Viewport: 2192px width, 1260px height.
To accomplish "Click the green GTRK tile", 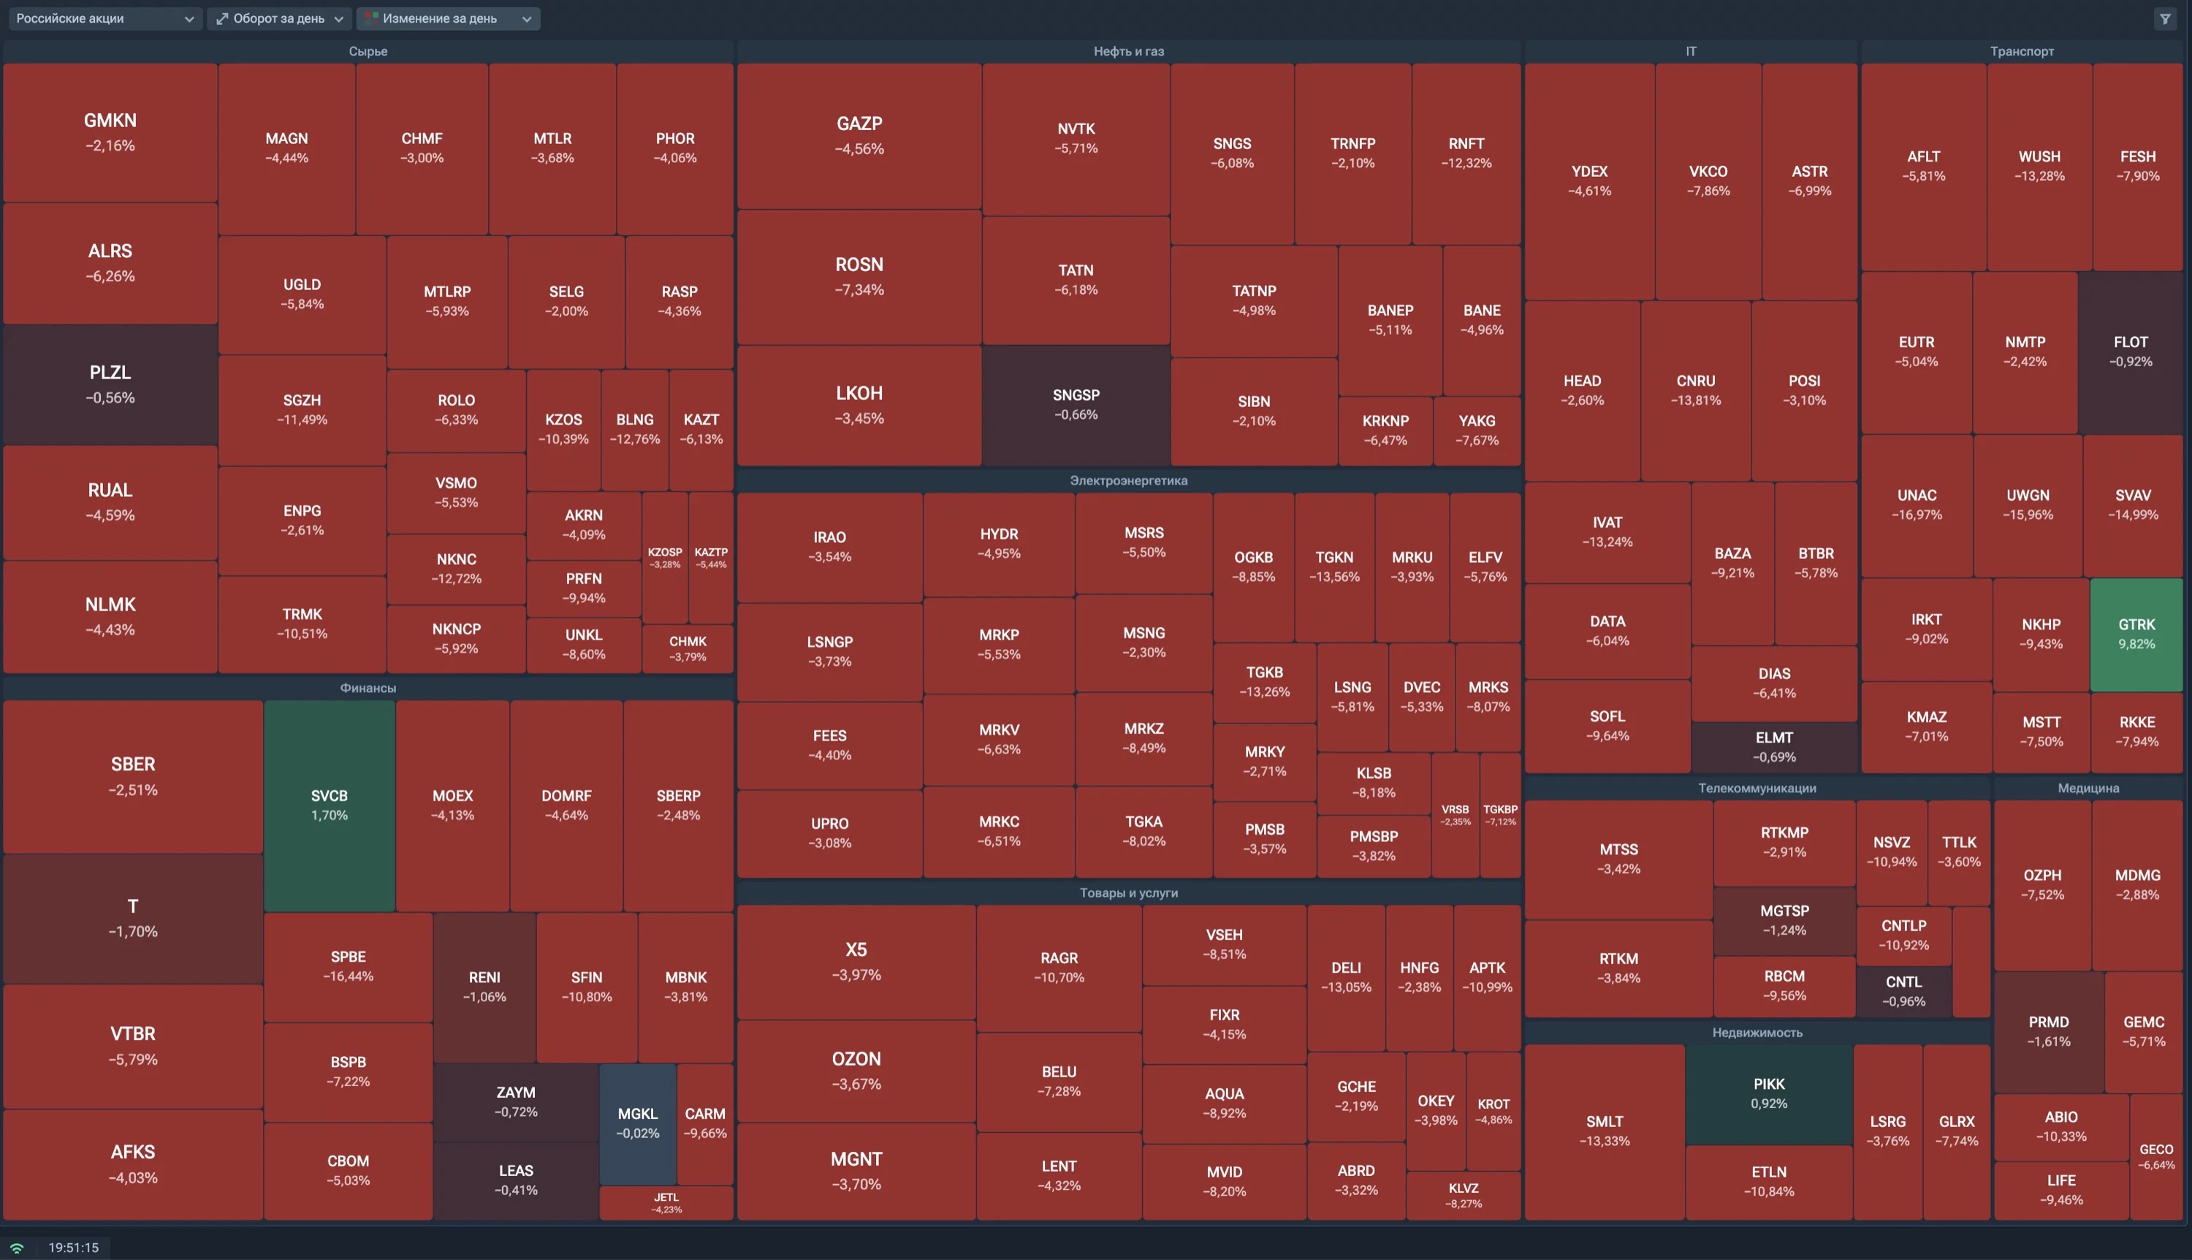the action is [2136, 634].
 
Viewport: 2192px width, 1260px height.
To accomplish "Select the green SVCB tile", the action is [330, 805].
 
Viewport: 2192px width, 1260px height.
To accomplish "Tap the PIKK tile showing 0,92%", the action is [1769, 1094].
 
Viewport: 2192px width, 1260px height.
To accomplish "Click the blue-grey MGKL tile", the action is [638, 1123].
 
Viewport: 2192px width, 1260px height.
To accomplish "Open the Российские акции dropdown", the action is [104, 18].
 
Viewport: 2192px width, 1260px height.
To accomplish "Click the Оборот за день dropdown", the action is [278, 18].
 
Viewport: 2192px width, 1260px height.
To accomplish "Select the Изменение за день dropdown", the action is [448, 18].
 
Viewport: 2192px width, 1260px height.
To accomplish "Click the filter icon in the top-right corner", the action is [2165, 18].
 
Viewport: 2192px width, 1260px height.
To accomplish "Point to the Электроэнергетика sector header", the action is [1129, 480].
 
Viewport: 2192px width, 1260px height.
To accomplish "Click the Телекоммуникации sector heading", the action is [1757, 788].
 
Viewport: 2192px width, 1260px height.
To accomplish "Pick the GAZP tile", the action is [859, 135].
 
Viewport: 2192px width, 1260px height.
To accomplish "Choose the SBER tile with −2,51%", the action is [133, 776].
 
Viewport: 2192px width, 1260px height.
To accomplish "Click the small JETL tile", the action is [666, 1203].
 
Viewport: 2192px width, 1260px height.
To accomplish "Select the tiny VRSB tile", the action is [1455, 814].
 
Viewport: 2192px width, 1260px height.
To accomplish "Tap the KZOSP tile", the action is [664, 558].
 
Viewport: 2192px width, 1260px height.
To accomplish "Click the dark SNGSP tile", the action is [1076, 404].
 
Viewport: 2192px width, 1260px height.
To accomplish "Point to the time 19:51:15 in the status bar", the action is [74, 1247].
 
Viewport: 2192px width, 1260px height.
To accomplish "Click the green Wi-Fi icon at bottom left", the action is [16, 1247].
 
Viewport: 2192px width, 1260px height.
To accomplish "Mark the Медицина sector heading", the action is [2088, 788].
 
